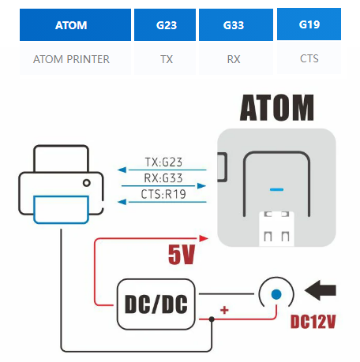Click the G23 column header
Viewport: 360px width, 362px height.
165,25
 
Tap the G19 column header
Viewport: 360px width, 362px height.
309,24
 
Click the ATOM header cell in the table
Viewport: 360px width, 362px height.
75,25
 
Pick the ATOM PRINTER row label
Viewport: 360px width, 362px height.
71,59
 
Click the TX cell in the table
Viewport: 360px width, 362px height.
167,59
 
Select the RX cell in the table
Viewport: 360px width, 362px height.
234,59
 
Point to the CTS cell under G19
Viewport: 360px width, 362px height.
309,58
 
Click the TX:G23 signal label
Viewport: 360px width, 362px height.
163,162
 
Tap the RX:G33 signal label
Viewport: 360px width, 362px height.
163,178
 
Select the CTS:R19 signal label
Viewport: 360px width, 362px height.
163,194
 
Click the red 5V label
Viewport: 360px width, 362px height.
182,254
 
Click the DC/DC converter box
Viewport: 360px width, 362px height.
156,304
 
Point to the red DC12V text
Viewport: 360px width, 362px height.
313,322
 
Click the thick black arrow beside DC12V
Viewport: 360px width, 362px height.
321,290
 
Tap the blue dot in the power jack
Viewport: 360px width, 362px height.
276,294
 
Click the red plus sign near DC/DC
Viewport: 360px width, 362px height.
224,310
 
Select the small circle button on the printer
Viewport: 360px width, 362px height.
87,183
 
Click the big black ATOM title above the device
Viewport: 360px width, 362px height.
277,107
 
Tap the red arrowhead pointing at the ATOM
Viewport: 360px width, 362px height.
204,238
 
